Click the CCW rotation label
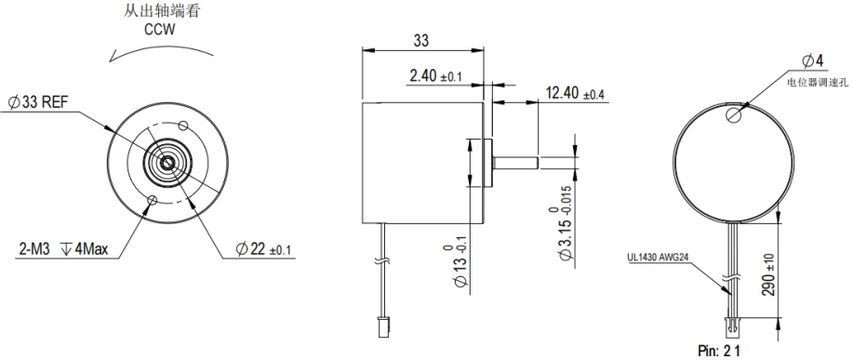point(160,30)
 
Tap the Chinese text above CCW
point(162,11)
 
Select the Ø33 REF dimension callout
point(38,101)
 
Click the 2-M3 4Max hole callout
point(63,249)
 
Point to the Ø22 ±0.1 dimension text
point(263,249)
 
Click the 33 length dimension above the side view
point(421,40)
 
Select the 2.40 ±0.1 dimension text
point(435,76)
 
